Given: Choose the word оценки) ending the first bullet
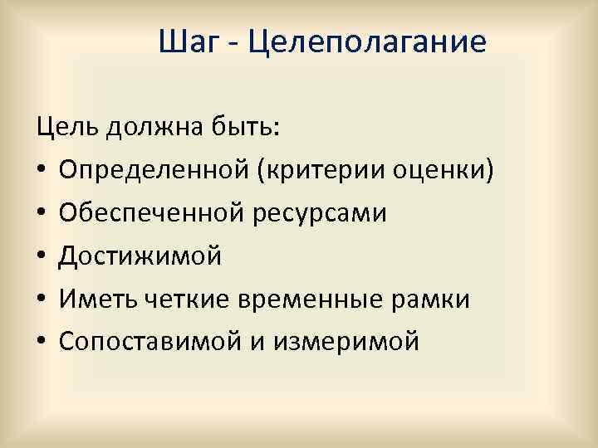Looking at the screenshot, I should (x=446, y=171).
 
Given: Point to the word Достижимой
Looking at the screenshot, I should (x=140, y=256).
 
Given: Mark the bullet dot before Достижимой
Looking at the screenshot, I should (x=40, y=257).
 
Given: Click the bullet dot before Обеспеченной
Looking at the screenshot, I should (x=40, y=215).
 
